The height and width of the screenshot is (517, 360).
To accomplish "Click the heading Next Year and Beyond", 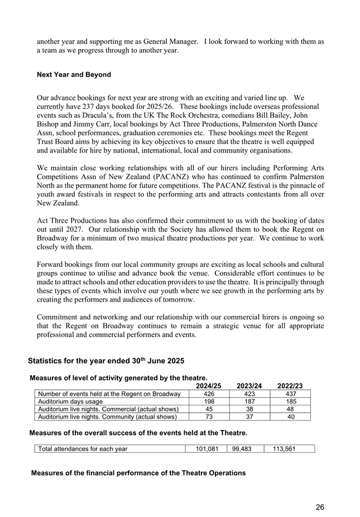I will tap(74, 75).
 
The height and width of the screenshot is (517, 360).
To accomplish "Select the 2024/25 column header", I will tap(209, 386).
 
